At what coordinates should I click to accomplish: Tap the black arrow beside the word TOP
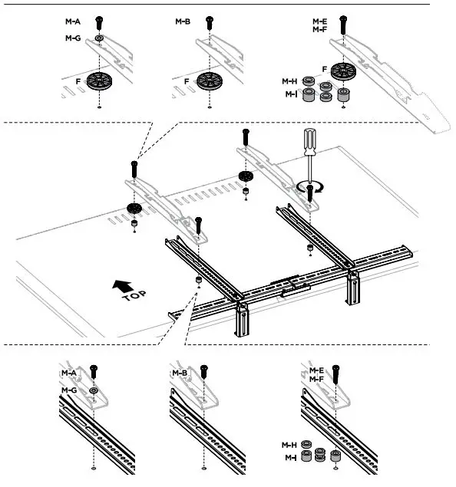click(x=121, y=285)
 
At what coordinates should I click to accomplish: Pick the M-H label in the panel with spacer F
click(x=289, y=81)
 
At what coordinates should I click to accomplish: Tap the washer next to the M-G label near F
click(x=101, y=37)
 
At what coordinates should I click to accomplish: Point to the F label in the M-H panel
click(x=325, y=69)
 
